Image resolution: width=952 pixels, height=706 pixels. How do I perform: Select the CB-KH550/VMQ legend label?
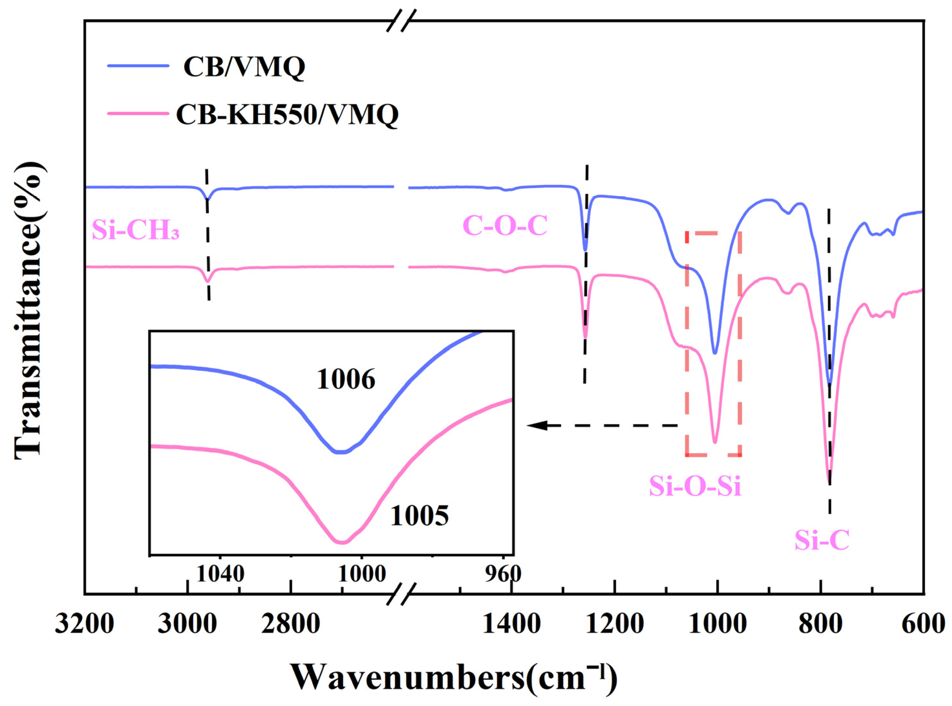287,115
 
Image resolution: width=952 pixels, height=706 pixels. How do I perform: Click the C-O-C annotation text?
505,226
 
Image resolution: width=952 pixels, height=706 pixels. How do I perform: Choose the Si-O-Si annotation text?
695,486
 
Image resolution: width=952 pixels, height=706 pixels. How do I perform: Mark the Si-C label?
821,540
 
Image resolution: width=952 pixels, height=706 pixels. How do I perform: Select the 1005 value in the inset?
419,516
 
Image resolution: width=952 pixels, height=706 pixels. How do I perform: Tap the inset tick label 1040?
220,574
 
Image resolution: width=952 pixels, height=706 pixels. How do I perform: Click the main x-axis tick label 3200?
85,624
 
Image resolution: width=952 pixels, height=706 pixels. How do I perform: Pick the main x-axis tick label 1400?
512,624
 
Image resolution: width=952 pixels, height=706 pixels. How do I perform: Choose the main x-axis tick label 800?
820,624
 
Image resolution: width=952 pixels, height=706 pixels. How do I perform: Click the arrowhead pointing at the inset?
536,425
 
